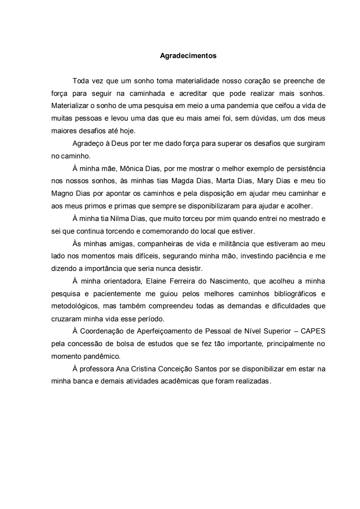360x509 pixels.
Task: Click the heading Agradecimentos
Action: pyautogui.click(x=188, y=56)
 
